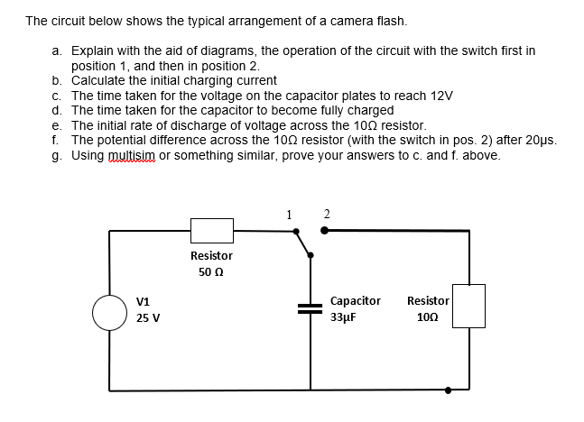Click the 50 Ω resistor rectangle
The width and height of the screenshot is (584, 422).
[x=211, y=230]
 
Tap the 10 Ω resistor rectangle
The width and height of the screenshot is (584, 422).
[x=468, y=307]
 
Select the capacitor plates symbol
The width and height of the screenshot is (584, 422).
[x=311, y=307]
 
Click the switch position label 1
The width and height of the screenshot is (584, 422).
[x=288, y=214]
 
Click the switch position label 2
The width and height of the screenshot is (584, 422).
[x=326, y=214]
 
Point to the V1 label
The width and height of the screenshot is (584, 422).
[x=144, y=301]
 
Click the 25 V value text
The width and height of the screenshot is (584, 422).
[x=147, y=318]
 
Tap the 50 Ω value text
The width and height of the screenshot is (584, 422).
[x=211, y=272]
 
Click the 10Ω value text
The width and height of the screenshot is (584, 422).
[x=428, y=318]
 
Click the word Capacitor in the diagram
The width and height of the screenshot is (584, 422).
[x=356, y=301]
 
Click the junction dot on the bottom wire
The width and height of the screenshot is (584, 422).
[x=449, y=390]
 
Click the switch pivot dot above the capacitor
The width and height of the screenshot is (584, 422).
[x=311, y=256]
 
